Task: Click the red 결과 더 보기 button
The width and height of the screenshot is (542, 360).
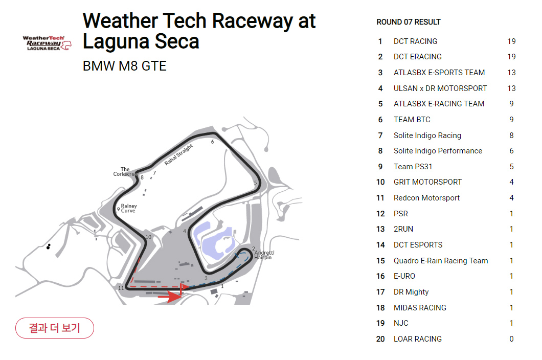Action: pos(55,328)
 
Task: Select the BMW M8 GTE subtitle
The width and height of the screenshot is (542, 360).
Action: pos(124,66)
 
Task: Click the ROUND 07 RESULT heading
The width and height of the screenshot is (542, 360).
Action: pos(408,22)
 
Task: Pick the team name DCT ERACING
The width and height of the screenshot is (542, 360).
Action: pos(417,57)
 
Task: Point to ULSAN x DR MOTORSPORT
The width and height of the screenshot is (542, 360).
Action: pos(440,88)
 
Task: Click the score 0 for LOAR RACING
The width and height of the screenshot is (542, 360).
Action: pos(511,339)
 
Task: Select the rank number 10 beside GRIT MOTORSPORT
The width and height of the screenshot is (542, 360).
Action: pos(380,182)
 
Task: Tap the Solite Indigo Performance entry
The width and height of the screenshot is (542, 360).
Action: pos(438,151)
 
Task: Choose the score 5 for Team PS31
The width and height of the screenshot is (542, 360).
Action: pos(511,167)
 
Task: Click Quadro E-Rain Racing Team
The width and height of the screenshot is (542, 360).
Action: pos(440,261)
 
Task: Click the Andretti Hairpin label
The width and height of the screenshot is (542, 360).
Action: pos(264,255)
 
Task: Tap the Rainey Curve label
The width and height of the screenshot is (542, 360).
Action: pos(129,208)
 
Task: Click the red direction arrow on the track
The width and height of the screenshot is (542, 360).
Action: pos(170,295)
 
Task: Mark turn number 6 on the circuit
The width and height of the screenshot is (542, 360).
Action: pos(212,142)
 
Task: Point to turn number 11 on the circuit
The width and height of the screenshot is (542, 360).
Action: pos(121,288)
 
